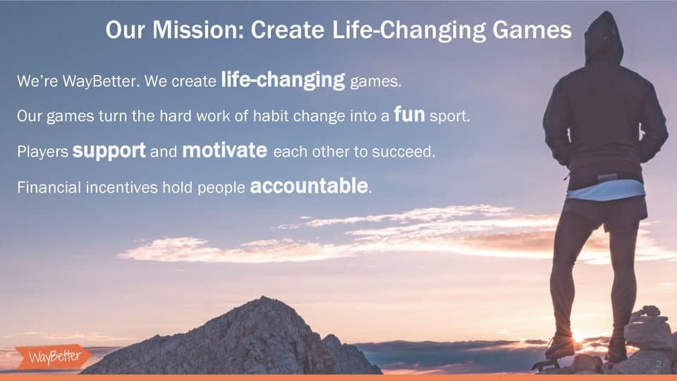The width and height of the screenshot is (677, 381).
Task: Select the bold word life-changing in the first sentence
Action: pyautogui.click(x=283, y=80)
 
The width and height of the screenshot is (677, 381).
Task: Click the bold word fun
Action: pyautogui.click(x=409, y=114)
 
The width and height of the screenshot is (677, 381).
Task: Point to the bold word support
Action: pyautogui.click(x=109, y=151)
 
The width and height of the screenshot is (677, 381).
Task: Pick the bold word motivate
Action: pyautogui.click(x=224, y=150)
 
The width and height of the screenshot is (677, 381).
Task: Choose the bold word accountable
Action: pyautogui.click(x=309, y=186)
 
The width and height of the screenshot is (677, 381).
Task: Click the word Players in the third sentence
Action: pyautogui.click(x=43, y=152)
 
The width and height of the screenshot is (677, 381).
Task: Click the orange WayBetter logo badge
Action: pyautogui.click(x=54, y=357)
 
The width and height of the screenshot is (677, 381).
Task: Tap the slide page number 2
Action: pyautogui.click(x=659, y=364)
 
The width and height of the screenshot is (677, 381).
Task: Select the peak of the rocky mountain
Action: pyautogui.click(x=262, y=297)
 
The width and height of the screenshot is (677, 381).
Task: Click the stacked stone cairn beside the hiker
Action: pyautogui.click(x=647, y=329)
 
